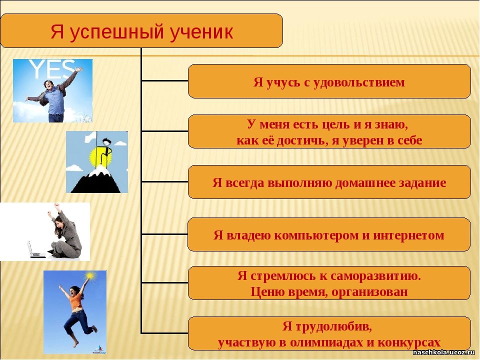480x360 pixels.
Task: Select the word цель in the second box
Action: click(x=336, y=124)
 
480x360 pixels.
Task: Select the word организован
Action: click(x=369, y=291)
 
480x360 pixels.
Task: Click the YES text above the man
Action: click(x=52, y=69)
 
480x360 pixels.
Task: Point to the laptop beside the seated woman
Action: click(x=36, y=250)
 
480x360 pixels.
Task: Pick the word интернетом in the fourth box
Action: click(x=408, y=235)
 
